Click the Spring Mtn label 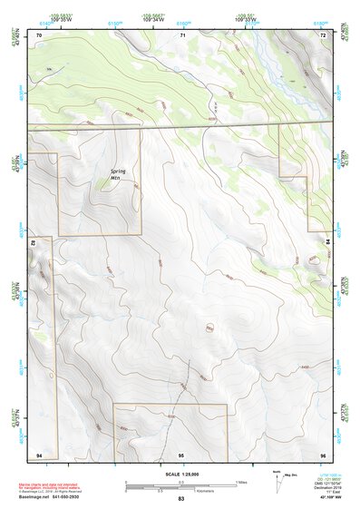[x=120, y=174]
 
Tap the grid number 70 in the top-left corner [x=39, y=34]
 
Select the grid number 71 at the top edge [x=182, y=34]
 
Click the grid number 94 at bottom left [x=39, y=453]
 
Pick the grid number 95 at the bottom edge [x=181, y=453]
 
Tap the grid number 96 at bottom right [x=323, y=453]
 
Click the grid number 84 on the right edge [x=327, y=242]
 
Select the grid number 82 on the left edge [x=34, y=243]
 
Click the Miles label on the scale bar [x=242, y=481]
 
